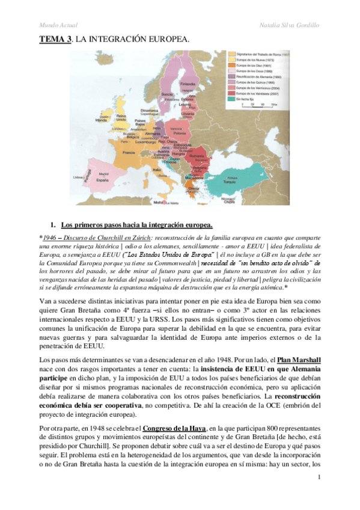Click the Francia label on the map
[128, 153]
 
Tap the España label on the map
[104, 180]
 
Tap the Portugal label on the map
[88, 177]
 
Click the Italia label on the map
[157, 170]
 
